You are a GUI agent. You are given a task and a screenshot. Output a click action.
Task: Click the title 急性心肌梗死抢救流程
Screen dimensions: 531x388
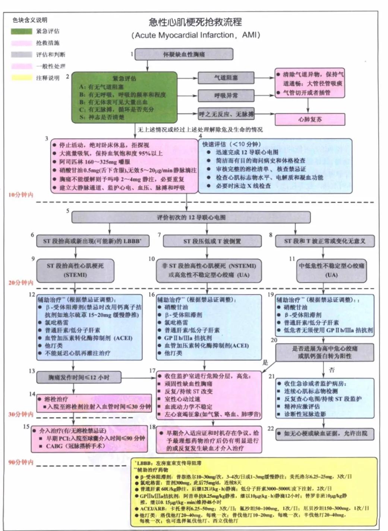point(195,22)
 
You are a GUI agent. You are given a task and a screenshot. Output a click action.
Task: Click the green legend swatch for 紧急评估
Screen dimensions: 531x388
point(22,31)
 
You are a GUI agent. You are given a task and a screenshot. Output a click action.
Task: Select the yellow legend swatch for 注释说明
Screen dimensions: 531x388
point(22,78)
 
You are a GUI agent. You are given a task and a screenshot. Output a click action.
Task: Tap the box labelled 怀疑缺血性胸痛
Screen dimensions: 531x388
point(184,54)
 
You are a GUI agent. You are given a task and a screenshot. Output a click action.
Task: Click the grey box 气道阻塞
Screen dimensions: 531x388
point(226,78)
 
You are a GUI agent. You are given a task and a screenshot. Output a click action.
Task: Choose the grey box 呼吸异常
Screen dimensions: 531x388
point(226,95)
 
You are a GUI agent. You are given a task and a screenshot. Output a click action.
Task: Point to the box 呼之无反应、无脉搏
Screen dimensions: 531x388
point(226,114)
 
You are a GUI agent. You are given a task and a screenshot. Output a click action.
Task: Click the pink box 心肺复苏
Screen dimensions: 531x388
point(310,119)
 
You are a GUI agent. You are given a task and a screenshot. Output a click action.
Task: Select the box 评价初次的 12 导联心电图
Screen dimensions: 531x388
point(191,217)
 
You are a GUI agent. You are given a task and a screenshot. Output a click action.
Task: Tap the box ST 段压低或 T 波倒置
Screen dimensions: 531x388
point(212,241)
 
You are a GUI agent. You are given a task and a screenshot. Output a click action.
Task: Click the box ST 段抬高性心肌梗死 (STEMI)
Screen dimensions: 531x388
point(75,270)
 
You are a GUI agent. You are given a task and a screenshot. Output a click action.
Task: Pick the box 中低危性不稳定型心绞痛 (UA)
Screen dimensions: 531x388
point(331,270)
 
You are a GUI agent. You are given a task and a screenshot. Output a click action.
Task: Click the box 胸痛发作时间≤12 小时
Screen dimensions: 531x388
point(79,377)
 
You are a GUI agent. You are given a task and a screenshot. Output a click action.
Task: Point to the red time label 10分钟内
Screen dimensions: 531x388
point(21,195)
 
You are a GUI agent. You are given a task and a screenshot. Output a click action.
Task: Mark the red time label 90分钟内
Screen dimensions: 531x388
point(21,462)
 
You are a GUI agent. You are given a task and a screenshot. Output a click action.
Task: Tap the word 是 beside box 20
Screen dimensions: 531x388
point(265,362)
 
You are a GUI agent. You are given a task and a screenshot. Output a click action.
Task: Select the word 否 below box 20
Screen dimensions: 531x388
point(332,370)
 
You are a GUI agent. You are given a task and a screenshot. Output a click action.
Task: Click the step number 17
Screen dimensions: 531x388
point(152,371)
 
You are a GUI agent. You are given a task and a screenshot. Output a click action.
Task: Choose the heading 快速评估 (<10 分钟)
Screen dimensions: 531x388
point(231,144)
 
